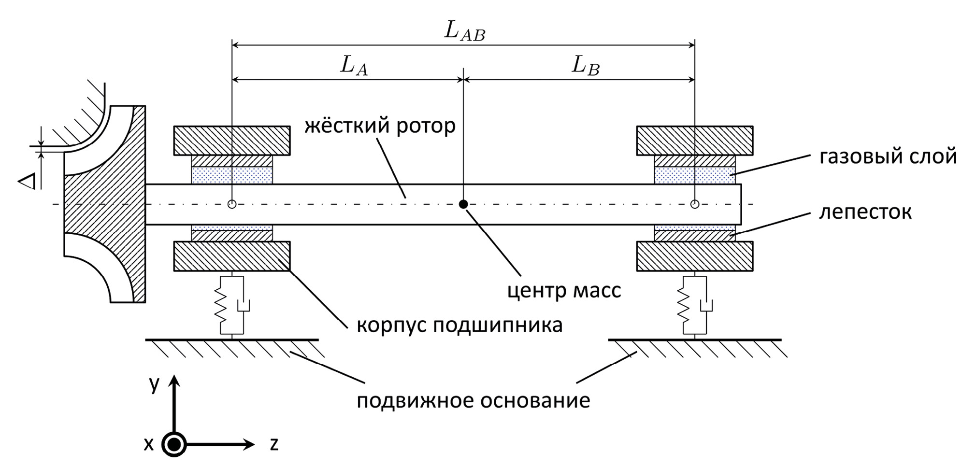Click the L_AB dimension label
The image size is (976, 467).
(x=464, y=31)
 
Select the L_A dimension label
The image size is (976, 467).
(x=354, y=66)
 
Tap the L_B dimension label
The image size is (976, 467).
(x=585, y=66)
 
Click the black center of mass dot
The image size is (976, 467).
(x=463, y=204)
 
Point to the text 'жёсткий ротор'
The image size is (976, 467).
(x=380, y=126)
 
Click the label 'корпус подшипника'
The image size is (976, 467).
(x=459, y=325)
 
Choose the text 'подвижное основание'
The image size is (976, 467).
(x=473, y=400)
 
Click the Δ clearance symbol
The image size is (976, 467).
(x=27, y=182)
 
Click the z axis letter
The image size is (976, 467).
(x=274, y=444)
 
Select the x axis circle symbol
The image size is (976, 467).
(x=174, y=444)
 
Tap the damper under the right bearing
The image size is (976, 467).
(x=706, y=305)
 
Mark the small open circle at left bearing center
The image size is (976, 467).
(x=232, y=204)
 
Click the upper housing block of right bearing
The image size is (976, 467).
(x=694, y=140)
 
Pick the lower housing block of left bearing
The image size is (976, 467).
(x=232, y=256)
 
